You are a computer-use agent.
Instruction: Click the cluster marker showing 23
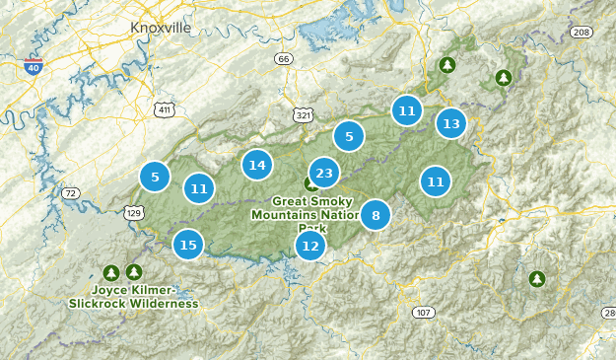[324, 174]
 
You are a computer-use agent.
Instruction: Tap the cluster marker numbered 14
[257, 165]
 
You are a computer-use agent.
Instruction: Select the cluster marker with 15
[188, 245]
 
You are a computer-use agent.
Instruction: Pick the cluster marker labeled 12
[310, 246]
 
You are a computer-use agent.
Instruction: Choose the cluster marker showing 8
[376, 214]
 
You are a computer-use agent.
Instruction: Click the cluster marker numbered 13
[450, 124]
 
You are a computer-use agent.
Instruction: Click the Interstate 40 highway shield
[34, 68]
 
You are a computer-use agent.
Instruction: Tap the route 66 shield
[284, 59]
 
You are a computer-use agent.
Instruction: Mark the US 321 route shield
[304, 116]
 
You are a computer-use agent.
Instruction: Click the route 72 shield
[70, 193]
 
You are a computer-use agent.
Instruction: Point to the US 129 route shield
[134, 212]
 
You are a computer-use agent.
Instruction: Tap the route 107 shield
[422, 313]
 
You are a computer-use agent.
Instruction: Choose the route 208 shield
[582, 33]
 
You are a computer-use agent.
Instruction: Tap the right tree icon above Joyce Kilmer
[134, 271]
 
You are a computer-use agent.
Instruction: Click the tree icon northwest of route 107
[537, 279]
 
